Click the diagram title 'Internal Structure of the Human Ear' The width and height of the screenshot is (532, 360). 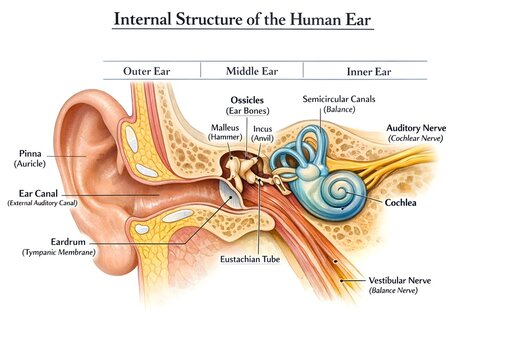click(x=265, y=20)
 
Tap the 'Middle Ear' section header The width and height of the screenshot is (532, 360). click(x=251, y=72)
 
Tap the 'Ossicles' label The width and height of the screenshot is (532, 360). click(x=247, y=101)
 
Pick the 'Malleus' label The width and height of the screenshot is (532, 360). click(x=226, y=128)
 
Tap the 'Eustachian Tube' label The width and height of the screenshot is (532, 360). click(x=249, y=259)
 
